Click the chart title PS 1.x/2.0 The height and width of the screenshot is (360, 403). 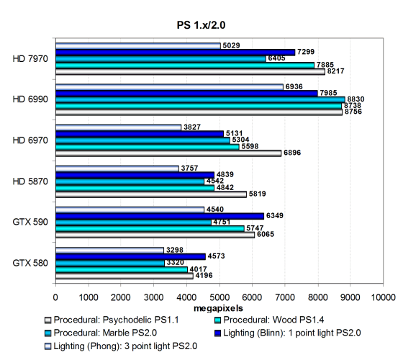[x=201, y=25]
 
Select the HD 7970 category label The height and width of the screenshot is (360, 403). [x=30, y=59]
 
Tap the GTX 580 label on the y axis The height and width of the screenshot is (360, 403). [x=30, y=263]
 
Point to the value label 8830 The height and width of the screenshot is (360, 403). [x=356, y=99]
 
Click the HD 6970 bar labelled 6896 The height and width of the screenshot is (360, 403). [x=168, y=153]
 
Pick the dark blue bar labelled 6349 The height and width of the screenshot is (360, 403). [x=160, y=216]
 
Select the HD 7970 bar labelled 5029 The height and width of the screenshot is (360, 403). [x=138, y=46]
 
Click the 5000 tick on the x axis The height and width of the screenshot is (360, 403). [x=219, y=297]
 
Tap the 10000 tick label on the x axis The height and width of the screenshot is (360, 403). [x=383, y=297]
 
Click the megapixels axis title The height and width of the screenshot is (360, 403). [x=218, y=308]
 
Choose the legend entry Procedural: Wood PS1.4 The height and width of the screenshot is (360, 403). [x=269, y=320]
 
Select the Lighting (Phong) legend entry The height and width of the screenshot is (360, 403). [x=121, y=346]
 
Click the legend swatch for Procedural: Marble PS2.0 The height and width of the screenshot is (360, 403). [x=47, y=333]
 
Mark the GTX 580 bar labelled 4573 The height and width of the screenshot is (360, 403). [x=130, y=256]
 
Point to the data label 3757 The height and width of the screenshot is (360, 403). [x=189, y=168]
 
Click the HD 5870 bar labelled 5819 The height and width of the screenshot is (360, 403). [x=151, y=194]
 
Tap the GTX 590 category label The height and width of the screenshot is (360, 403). [x=30, y=222]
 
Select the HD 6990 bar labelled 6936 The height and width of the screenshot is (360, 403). [x=169, y=87]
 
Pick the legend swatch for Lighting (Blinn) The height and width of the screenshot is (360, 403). [x=217, y=333]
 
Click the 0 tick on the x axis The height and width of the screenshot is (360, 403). [x=55, y=297]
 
